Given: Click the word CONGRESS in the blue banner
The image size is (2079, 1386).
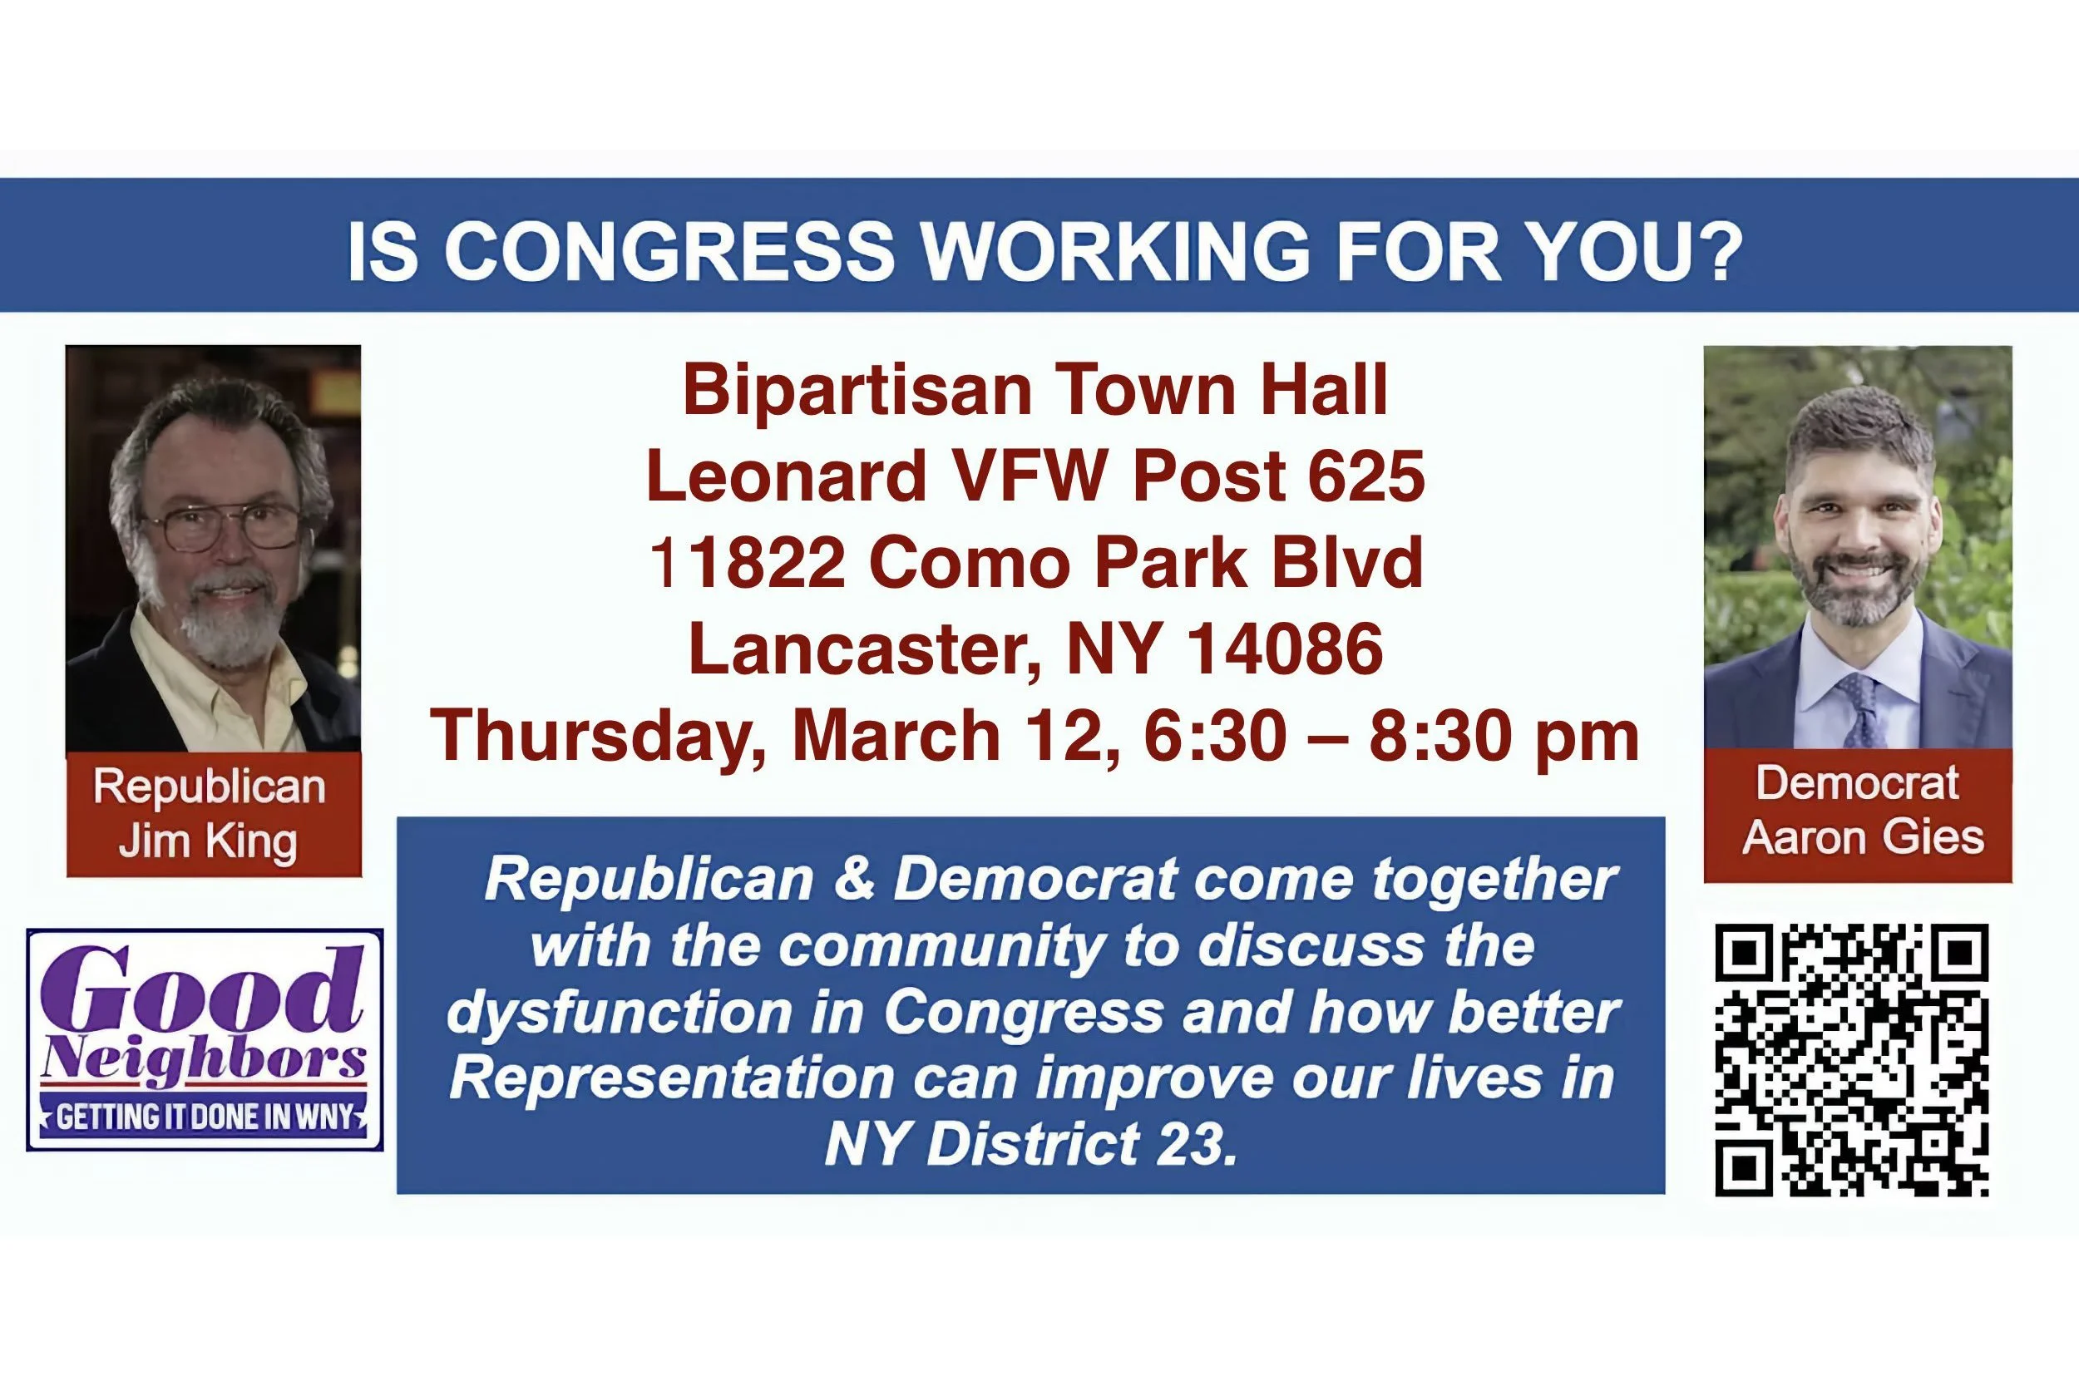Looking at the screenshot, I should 669,253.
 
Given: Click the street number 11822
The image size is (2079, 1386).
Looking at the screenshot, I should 748,563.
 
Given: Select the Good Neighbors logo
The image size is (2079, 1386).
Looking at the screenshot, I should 205,1039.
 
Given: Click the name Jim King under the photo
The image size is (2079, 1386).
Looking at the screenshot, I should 209,841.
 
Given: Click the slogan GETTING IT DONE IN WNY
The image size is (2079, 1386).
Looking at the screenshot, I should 205,1117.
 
